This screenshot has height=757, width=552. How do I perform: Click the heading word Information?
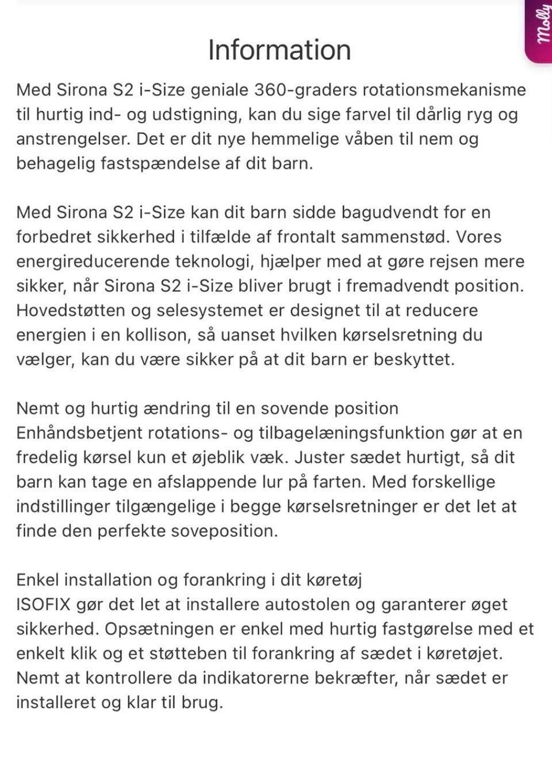(279, 50)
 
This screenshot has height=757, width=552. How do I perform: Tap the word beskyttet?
(414, 360)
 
